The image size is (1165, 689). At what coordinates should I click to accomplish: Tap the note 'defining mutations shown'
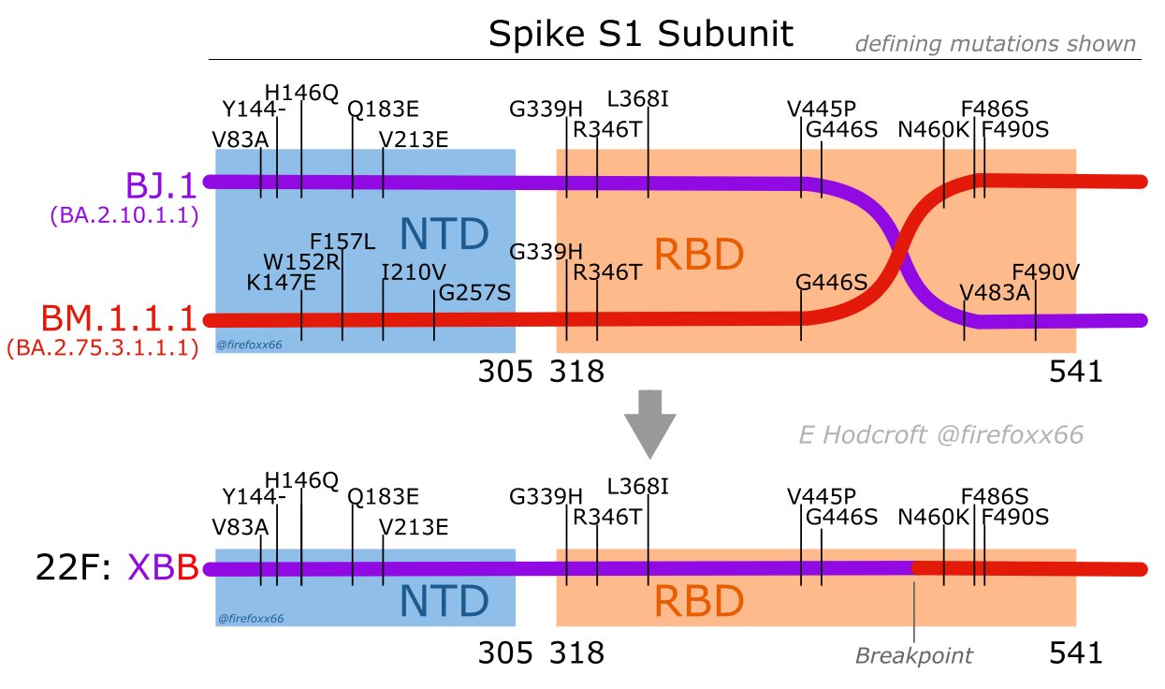click(x=996, y=43)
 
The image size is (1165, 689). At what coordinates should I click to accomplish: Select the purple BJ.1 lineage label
click(x=162, y=184)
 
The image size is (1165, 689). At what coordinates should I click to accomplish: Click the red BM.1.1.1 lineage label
click(x=105, y=318)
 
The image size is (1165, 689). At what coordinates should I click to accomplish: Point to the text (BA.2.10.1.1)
click(x=123, y=216)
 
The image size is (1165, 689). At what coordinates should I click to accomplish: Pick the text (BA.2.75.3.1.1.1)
click(x=102, y=349)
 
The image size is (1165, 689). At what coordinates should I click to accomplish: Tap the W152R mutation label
click(x=300, y=260)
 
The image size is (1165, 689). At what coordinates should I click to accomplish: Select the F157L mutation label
click(x=342, y=242)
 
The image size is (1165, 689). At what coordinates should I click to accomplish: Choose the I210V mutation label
click(x=414, y=272)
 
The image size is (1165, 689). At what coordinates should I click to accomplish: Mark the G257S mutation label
click(x=474, y=293)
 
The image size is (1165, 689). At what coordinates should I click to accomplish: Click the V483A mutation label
click(x=995, y=292)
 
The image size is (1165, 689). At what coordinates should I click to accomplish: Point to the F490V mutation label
click(x=1045, y=272)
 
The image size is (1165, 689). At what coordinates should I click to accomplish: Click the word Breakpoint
click(x=913, y=655)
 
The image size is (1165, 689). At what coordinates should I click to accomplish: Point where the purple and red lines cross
click(x=902, y=248)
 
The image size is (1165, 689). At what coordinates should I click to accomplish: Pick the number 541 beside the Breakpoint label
click(x=1076, y=652)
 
